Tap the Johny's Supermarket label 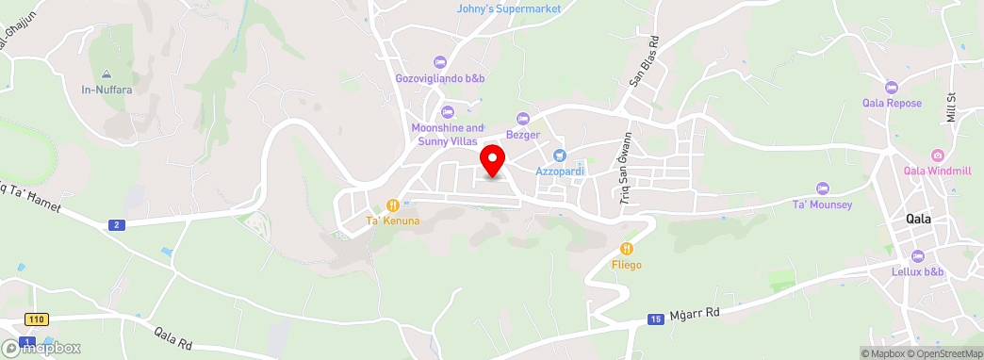pyautogui.click(x=509, y=8)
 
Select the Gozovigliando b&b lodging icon pyautogui.click(x=438, y=62)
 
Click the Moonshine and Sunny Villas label pyautogui.click(x=448, y=135)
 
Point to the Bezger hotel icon pyautogui.click(x=525, y=118)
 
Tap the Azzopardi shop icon pyautogui.click(x=559, y=155)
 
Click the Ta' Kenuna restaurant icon pyautogui.click(x=392, y=205)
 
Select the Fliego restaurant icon pyautogui.click(x=626, y=249)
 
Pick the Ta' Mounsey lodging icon pyautogui.click(x=822, y=188)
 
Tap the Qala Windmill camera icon pyautogui.click(x=937, y=155)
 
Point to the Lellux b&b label pyautogui.click(x=918, y=272)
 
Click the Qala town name pyautogui.click(x=918, y=219)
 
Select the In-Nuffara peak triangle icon pyautogui.click(x=106, y=74)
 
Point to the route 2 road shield pyautogui.click(x=116, y=224)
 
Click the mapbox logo pyautogui.click(x=41, y=348)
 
